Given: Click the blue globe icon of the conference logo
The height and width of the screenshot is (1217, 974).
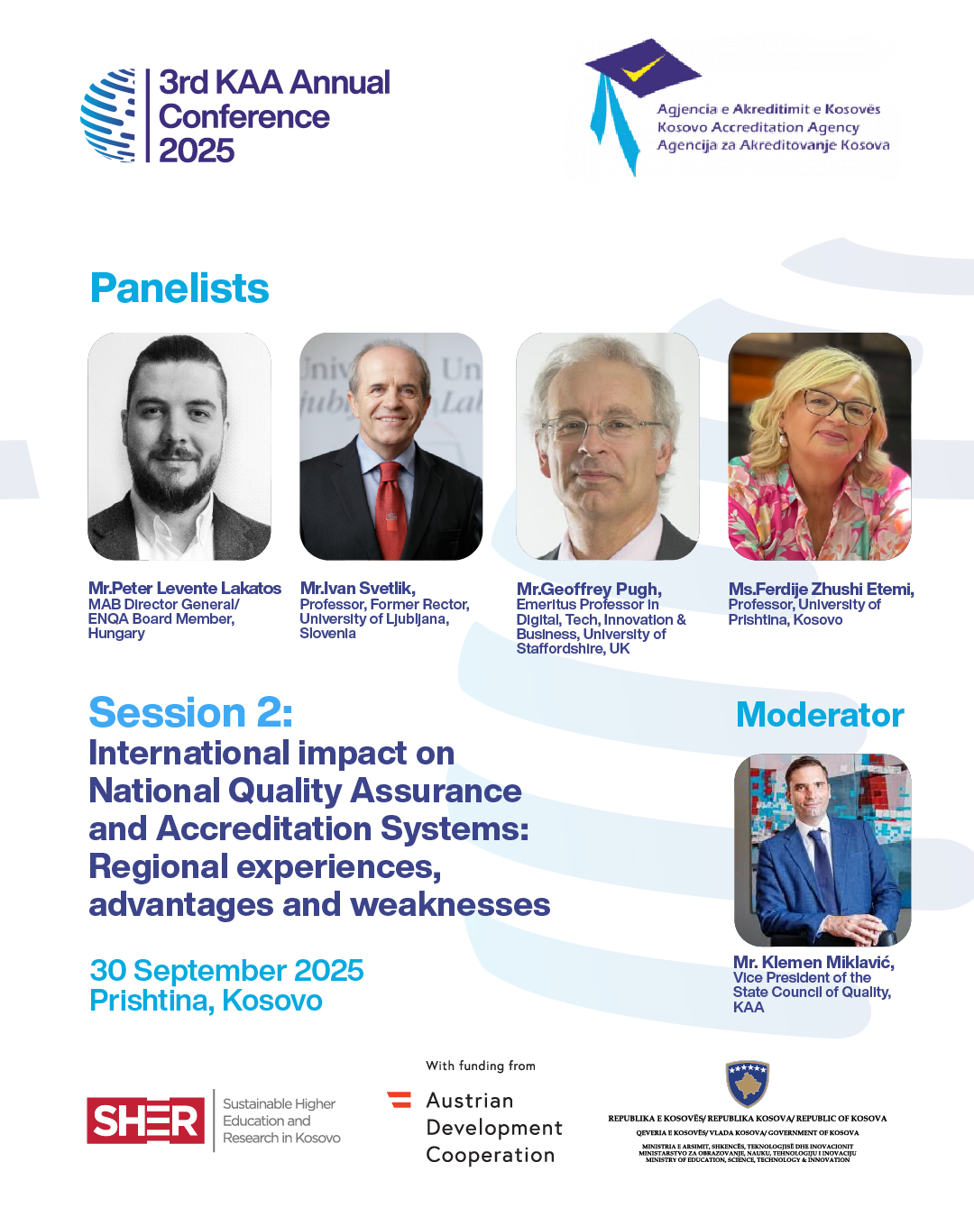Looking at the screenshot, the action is click(x=108, y=115).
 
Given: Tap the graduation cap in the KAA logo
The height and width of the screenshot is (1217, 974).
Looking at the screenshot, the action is click(x=643, y=68).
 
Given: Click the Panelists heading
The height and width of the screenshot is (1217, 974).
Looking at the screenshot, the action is click(x=179, y=288).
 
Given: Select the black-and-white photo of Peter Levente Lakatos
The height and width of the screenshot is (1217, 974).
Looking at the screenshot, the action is click(x=179, y=446).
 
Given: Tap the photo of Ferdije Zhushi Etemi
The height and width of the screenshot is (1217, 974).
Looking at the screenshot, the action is click(x=820, y=446).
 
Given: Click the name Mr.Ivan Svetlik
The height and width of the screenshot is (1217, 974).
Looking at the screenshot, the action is click(x=357, y=588).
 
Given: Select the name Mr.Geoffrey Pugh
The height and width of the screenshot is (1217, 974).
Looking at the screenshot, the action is click(x=589, y=589).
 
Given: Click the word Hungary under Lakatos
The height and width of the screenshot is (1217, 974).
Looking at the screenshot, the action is click(x=116, y=634).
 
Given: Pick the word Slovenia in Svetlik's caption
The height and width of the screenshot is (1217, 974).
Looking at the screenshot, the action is click(x=327, y=634).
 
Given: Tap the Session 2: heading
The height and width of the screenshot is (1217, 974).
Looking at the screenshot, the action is click(x=190, y=712).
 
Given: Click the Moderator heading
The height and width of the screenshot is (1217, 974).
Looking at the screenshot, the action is click(x=820, y=716).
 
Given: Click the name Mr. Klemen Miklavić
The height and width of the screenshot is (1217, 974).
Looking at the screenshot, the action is click(x=813, y=962).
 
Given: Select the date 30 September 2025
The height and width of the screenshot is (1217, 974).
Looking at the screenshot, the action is click(x=226, y=970).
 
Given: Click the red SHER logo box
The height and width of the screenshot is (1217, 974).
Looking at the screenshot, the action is click(x=145, y=1121).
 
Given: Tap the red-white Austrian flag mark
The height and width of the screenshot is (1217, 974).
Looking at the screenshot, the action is click(x=400, y=1100).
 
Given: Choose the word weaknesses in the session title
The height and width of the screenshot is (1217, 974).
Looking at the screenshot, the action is click(x=451, y=904).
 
